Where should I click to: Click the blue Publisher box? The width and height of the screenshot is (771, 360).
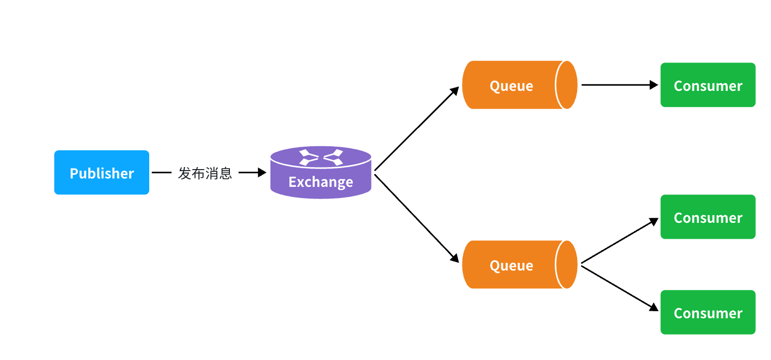[x=102, y=173]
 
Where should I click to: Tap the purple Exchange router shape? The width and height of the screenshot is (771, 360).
[x=320, y=173]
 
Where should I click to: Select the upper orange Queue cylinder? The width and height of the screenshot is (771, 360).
[x=513, y=85]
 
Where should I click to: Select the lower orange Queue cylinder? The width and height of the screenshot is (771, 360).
[x=513, y=265]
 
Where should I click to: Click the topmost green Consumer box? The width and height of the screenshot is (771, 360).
[x=708, y=85]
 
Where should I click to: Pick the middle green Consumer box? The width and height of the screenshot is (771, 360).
[x=708, y=217]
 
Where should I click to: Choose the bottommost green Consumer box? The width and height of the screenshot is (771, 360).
[x=708, y=312]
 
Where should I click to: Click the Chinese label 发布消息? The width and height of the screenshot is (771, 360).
[x=205, y=173]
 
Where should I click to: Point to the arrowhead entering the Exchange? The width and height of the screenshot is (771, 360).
[x=262, y=173]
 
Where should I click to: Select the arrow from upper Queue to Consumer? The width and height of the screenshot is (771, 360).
[x=619, y=85]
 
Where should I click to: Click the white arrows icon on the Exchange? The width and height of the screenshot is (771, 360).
[x=320, y=157]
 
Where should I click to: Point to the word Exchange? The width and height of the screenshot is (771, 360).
[x=320, y=182]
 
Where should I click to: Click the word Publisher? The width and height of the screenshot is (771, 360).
[x=102, y=173]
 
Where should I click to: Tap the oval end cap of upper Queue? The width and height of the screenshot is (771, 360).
[x=566, y=85]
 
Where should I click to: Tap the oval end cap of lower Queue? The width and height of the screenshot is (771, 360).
[x=566, y=265]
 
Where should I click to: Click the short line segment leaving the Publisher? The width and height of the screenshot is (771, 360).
[x=161, y=173]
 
